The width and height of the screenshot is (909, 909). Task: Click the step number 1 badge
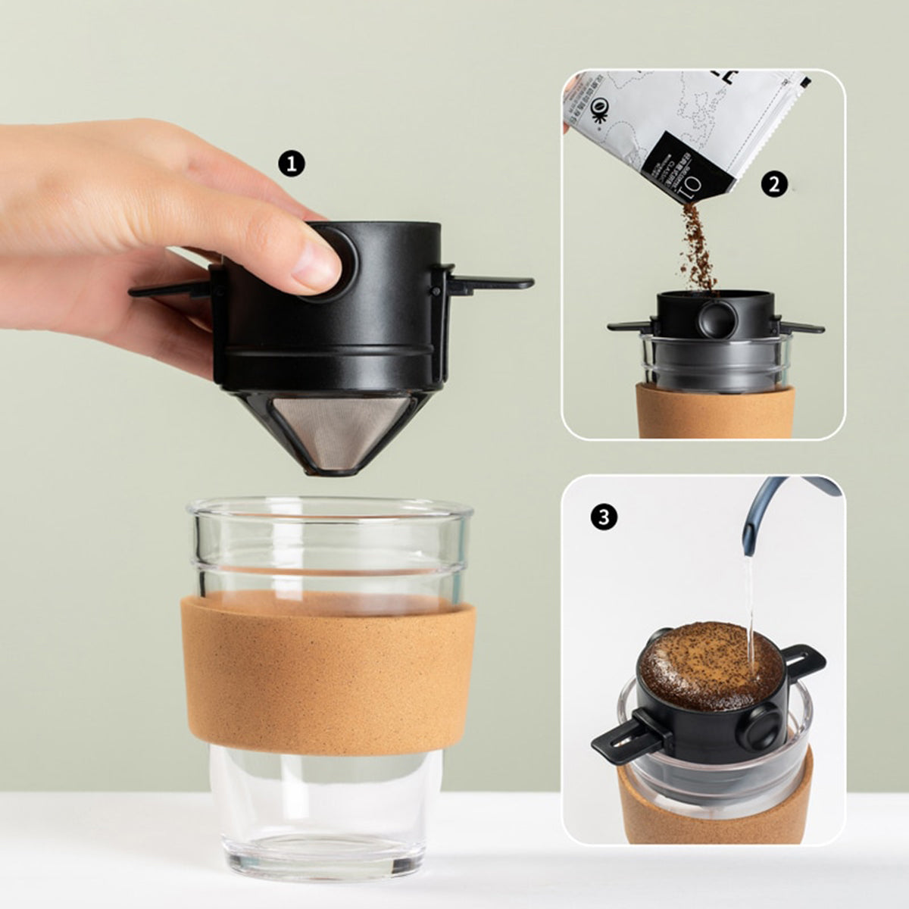[x=292, y=164]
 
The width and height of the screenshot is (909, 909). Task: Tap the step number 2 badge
[x=773, y=184]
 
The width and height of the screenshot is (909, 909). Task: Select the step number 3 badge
[x=603, y=517]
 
